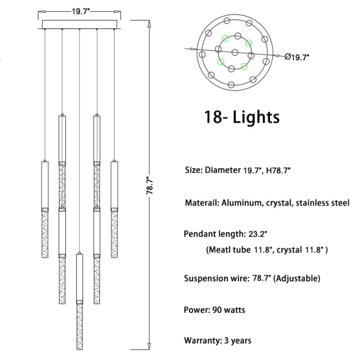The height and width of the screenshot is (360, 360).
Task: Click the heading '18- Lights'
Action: coord(242,118)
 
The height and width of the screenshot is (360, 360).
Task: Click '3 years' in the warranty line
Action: coord(237,340)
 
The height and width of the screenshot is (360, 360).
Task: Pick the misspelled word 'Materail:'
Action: coord(201,202)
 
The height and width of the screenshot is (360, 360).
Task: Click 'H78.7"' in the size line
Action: coord(281,169)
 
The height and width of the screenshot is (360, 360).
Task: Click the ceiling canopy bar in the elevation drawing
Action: coord(80,25)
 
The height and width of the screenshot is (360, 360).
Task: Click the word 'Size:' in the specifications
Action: coord(194,169)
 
